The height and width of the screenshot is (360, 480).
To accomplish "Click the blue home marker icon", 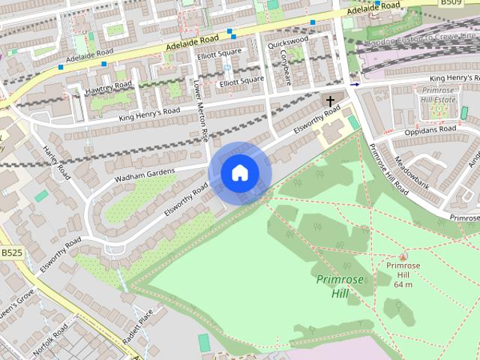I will [x=239, y=172].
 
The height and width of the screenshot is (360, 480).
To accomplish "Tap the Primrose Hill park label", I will [x=340, y=286].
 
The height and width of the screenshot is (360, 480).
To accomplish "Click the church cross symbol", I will [x=329, y=100].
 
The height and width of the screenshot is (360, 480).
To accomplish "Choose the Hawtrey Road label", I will [x=109, y=88].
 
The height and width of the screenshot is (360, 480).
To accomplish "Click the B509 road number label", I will [x=451, y=4].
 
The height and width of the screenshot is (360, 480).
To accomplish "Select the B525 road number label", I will [x=10, y=253].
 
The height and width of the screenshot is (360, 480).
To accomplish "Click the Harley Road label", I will [x=56, y=162].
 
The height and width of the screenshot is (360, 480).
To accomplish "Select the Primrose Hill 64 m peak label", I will [x=403, y=274].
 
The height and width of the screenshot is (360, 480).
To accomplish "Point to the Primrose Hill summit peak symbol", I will [x=403, y=256].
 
